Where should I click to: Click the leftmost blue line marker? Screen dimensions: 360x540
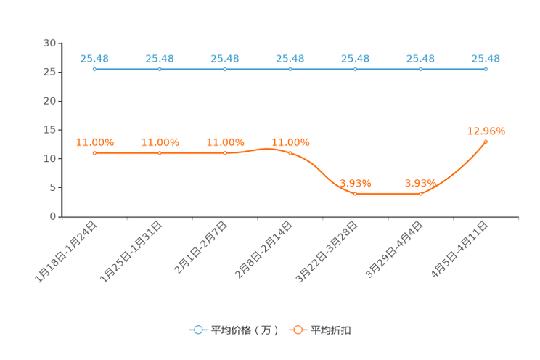(x=94, y=69)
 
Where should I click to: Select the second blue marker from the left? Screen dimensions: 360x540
(x=160, y=69)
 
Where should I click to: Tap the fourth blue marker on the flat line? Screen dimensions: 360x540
(x=290, y=69)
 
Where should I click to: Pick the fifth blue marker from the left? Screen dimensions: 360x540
(x=355, y=69)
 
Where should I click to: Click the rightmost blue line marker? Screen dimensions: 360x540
(x=486, y=69)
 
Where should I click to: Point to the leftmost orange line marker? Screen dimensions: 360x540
(x=94, y=153)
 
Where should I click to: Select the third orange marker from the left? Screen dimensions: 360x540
(x=225, y=153)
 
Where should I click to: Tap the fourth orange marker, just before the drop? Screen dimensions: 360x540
(x=290, y=152)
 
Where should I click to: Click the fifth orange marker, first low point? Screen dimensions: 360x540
(x=355, y=194)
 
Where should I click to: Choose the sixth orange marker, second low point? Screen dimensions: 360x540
(x=420, y=194)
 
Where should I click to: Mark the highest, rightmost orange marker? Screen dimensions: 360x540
(x=486, y=141)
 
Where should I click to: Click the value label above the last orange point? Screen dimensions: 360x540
(x=486, y=131)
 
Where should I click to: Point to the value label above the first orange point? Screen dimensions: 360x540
(x=94, y=142)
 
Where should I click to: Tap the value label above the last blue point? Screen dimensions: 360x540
(x=486, y=59)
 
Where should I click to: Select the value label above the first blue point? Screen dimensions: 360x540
(x=94, y=59)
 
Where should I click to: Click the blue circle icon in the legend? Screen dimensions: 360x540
(x=198, y=330)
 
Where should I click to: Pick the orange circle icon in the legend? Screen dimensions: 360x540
(x=297, y=330)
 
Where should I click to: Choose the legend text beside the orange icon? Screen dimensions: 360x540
(x=331, y=330)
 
